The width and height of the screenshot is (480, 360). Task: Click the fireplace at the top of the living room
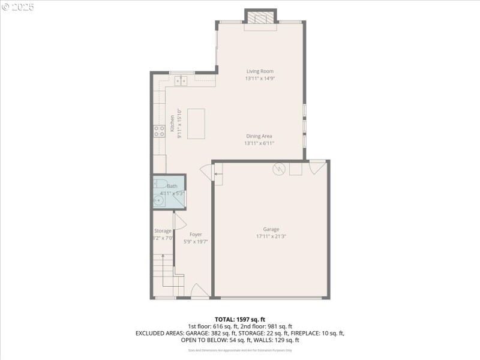(260, 19)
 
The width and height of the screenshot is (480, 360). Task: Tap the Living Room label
(260, 71)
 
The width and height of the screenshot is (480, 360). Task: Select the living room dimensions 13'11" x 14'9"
(260, 79)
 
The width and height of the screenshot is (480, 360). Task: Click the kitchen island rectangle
(196, 124)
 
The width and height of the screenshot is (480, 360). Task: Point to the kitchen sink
(181, 80)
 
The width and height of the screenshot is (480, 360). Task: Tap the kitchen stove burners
(159, 131)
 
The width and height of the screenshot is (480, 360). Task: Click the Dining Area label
(259, 136)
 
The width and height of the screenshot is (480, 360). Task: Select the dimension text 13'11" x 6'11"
(259, 143)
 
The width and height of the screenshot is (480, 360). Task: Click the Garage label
(271, 229)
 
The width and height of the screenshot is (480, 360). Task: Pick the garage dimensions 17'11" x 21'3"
(271, 236)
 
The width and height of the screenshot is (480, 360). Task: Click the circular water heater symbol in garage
(278, 169)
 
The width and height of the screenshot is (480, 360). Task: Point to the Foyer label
(196, 234)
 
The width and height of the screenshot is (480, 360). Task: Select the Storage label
(163, 231)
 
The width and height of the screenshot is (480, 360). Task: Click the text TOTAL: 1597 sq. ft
(240, 319)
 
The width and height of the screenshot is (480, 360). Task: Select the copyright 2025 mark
(18, 7)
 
